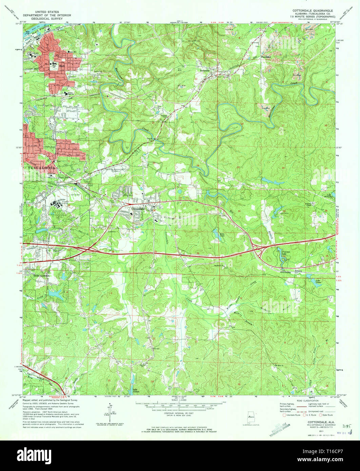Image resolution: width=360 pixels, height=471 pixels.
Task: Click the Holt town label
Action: (x=62, y=66)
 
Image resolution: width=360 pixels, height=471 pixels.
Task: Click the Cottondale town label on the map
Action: (x=138, y=209)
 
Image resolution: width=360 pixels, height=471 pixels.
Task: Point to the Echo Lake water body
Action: (x=216, y=234)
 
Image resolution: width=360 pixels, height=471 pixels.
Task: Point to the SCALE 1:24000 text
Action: (x=179, y=400)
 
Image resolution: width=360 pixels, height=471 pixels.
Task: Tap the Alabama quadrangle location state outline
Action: (x=251, y=415)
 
